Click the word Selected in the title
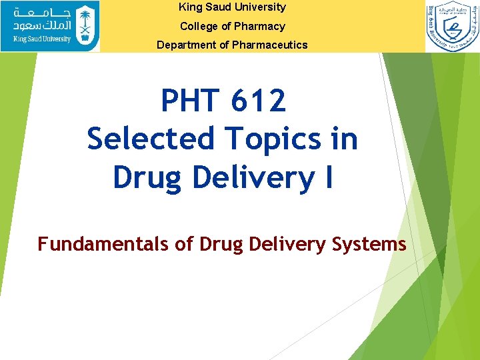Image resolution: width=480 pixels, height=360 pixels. [x=151, y=139]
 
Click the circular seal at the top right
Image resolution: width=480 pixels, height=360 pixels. [x=453, y=27]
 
